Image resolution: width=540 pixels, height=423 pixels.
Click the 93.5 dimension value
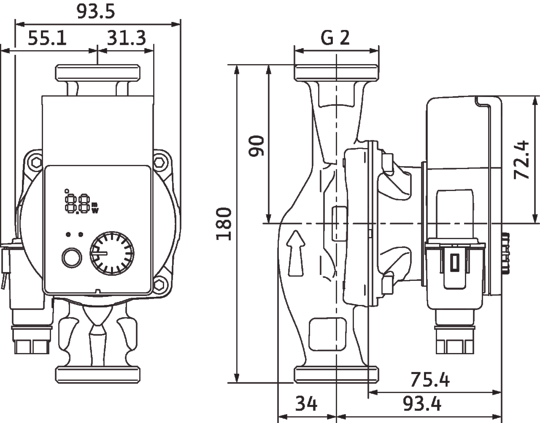(96, 12)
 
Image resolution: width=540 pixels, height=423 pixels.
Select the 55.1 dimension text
(47, 39)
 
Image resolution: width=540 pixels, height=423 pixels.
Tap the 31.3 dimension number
(126, 39)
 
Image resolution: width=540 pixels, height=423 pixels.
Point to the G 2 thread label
(336, 38)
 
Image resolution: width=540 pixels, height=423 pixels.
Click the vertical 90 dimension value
(256, 146)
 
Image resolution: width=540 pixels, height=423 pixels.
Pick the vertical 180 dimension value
(224, 224)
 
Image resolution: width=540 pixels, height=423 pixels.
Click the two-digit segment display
(77, 203)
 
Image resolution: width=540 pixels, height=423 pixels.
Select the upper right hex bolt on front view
(159, 161)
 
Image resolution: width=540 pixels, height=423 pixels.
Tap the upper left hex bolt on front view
(35, 161)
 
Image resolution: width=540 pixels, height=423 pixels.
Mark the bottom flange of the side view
(336, 375)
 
